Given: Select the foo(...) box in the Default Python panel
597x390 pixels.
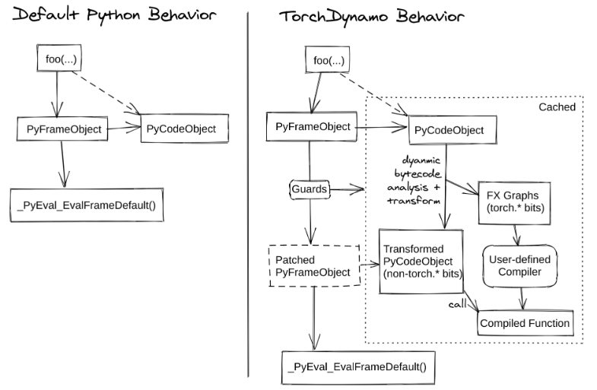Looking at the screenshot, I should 59,59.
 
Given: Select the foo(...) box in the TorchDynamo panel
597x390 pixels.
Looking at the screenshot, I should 326,59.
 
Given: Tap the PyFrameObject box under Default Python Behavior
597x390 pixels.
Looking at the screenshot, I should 60,129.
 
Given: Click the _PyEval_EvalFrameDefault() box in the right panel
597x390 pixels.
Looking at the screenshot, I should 357,366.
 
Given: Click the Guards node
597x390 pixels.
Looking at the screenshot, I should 308,186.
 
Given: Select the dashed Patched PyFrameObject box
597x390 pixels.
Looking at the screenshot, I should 313,265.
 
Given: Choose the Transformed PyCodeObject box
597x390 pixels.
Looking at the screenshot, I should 421,261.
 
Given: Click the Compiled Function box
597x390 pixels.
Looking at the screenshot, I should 524,323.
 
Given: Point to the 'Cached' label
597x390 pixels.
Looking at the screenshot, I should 557,107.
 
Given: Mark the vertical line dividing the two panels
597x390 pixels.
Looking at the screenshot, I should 249,190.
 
